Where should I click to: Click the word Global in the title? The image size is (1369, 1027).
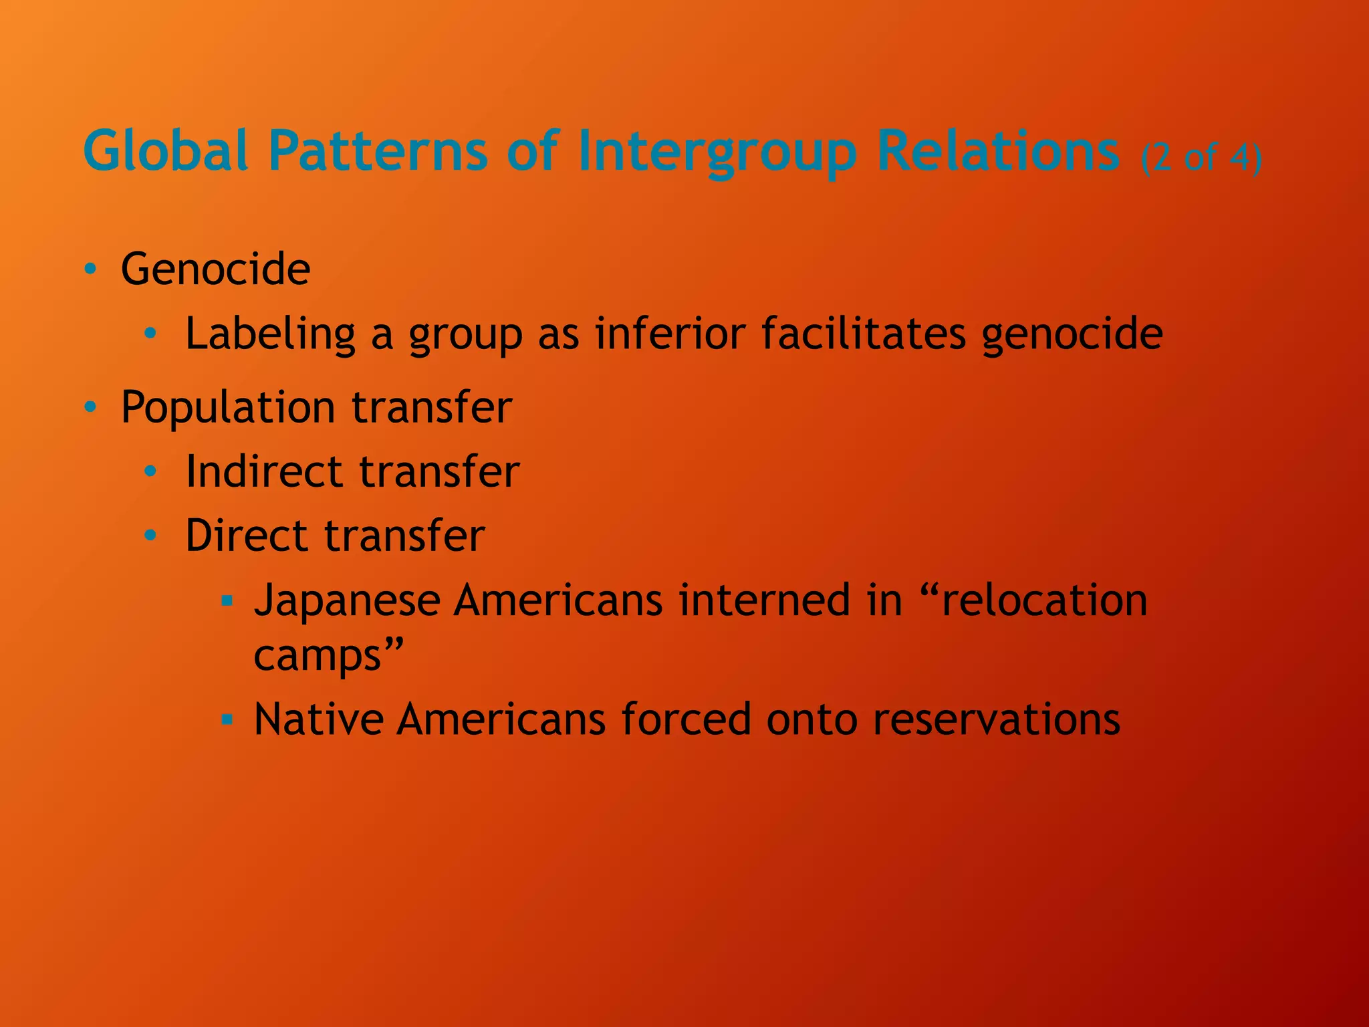click(166, 151)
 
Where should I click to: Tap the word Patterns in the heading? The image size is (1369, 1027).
click(378, 151)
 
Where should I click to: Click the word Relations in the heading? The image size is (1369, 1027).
click(998, 151)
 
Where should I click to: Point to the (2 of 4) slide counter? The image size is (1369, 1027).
click(1201, 158)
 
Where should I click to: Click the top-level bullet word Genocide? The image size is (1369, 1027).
click(215, 269)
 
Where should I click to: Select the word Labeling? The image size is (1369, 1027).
click(270, 334)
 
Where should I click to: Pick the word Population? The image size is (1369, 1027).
click(227, 408)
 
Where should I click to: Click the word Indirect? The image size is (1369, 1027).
click(263, 471)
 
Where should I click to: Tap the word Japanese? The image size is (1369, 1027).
click(346, 600)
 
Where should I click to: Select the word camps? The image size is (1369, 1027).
click(318, 656)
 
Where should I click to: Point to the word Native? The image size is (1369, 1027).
click(318, 719)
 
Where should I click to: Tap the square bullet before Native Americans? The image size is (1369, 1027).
click(227, 719)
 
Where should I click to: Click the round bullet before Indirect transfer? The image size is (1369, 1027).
click(150, 471)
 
